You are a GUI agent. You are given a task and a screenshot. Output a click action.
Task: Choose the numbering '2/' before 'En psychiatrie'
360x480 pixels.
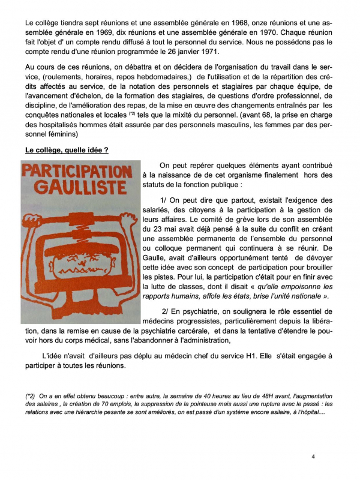click(167, 311)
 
